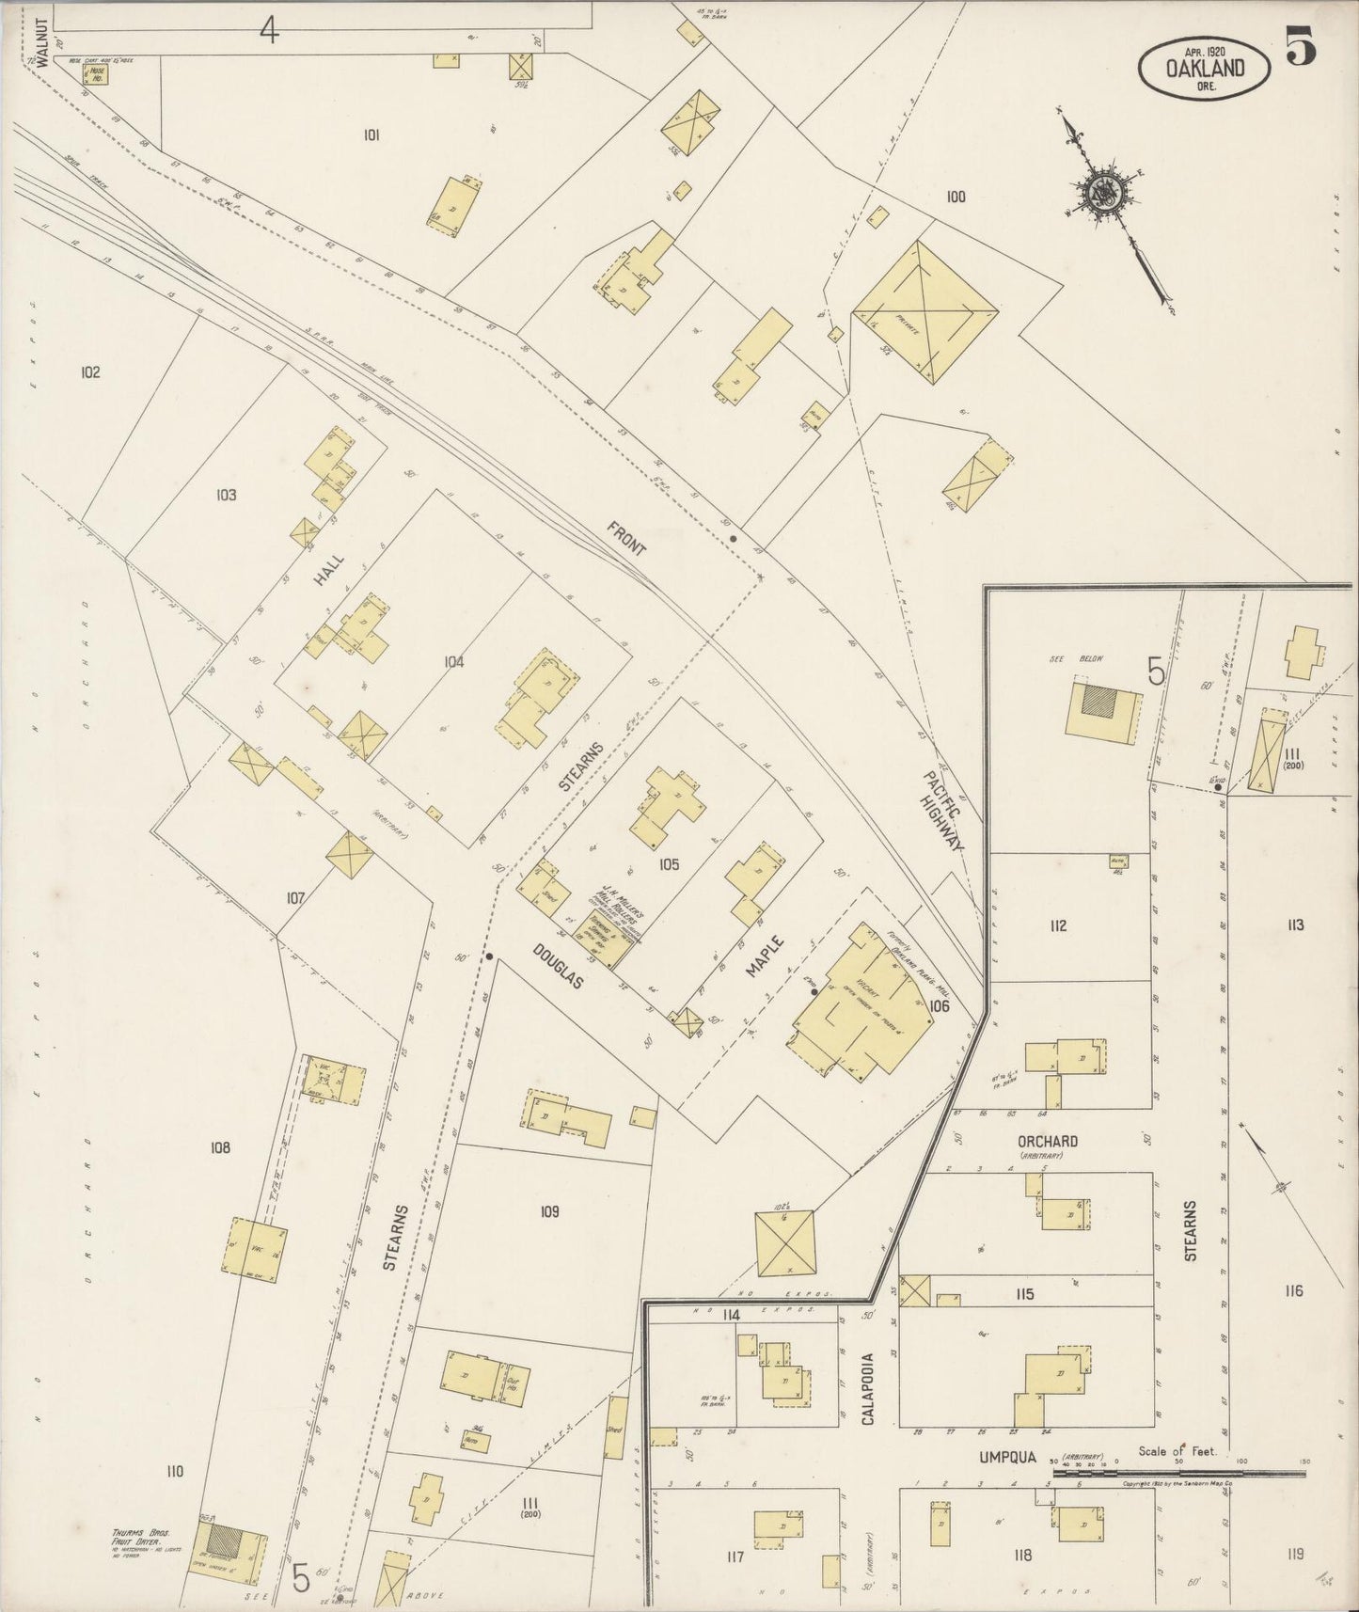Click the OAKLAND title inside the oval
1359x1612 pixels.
[1205, 68]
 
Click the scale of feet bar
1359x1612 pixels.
[1178, 1473]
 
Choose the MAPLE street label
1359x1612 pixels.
[765, 956]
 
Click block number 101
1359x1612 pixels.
[371, 135]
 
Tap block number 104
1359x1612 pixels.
[453, 662]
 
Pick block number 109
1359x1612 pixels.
[549, 1211]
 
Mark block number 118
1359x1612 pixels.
[1022, 1556]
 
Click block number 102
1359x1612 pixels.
[89, 372]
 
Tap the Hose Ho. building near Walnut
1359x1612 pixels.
[95, 72]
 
